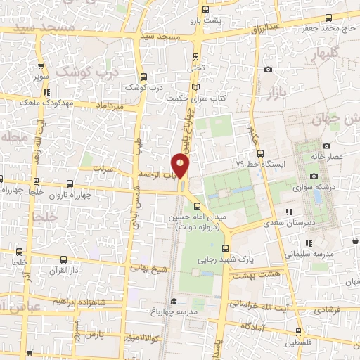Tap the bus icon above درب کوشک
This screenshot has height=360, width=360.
click(143, 77)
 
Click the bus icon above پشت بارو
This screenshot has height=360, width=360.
click(205, 10)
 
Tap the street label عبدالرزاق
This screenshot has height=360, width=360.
click(265, 28)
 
